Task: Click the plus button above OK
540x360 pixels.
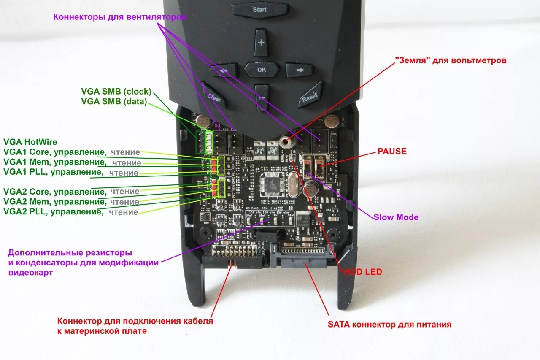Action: click(261, 43)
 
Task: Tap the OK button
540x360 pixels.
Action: click(262, 70)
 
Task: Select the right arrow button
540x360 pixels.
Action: click(300, 70)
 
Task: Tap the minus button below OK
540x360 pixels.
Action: click(262, 97)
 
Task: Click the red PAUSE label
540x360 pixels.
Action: click(392, 151)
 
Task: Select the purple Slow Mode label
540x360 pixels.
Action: click(396, 217)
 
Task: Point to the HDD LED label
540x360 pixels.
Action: click(363, 272)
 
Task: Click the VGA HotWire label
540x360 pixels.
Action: click(30, 142)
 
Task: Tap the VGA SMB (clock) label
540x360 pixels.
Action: click(116, 92)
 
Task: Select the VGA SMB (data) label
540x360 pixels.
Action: click(114, 101)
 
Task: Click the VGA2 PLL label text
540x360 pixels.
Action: click(53, 211)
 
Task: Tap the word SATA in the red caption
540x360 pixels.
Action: click(338, 325)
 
